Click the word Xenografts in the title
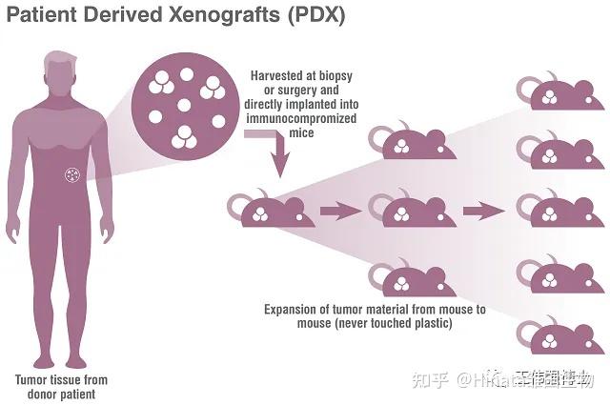point(192,16)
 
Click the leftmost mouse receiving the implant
point(264,210)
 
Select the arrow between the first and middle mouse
point(340,210)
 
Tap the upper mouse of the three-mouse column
point(411,143)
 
